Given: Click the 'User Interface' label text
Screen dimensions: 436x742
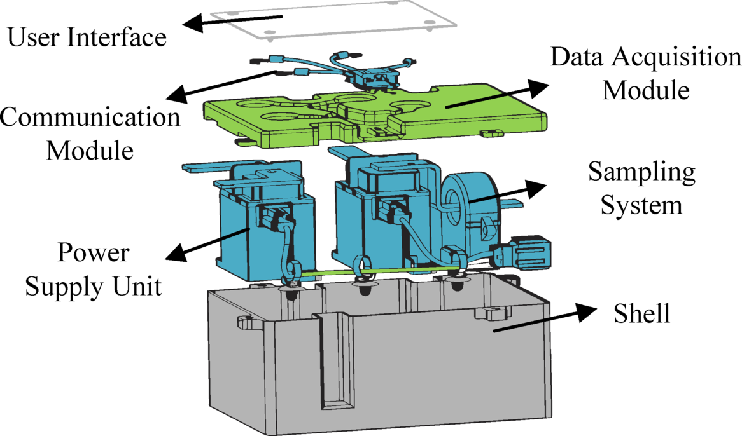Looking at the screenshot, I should click(x=87, y=37).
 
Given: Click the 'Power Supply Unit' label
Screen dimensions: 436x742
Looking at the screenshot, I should click(x=93, y=269).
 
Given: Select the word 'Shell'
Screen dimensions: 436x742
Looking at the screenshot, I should click(x=642, y=313).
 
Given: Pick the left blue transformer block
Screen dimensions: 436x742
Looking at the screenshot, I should click(x=267, y=229).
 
